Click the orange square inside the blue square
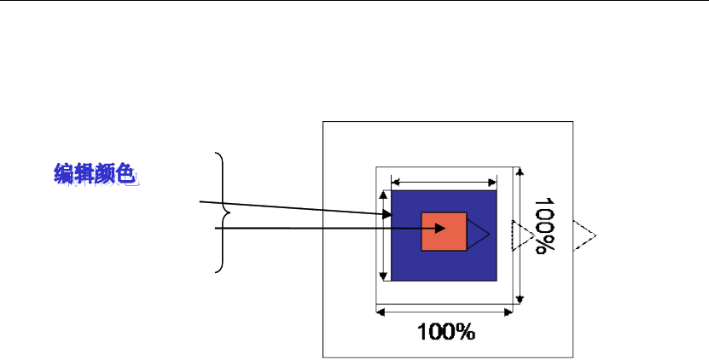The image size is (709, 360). tap(444, 230)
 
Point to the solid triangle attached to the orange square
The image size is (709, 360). tap(476, 231)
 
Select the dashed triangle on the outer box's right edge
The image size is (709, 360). tap(584, 235)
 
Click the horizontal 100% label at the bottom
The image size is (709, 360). tap(446, 331)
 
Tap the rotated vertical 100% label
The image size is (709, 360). tap(544, 227)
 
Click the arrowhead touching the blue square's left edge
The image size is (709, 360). tap(387, 214)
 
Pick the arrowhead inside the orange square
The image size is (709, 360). tap(440, 229)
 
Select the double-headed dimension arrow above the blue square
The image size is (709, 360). tap(444, 181)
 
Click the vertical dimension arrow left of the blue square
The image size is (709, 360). tap(382, 234)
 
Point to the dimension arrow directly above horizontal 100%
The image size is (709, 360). tap(445, 312)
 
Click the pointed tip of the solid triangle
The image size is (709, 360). tap(489, 231)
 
